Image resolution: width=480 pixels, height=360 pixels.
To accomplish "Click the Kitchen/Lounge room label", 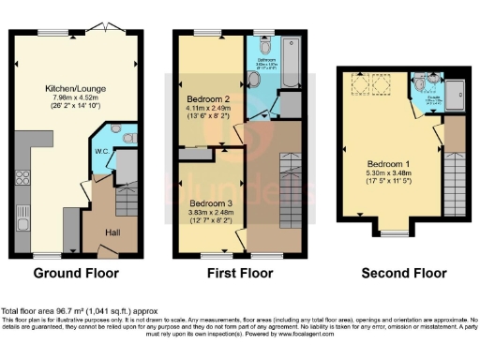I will (73, 89).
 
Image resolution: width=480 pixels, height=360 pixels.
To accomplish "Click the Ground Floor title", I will (76, 274).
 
